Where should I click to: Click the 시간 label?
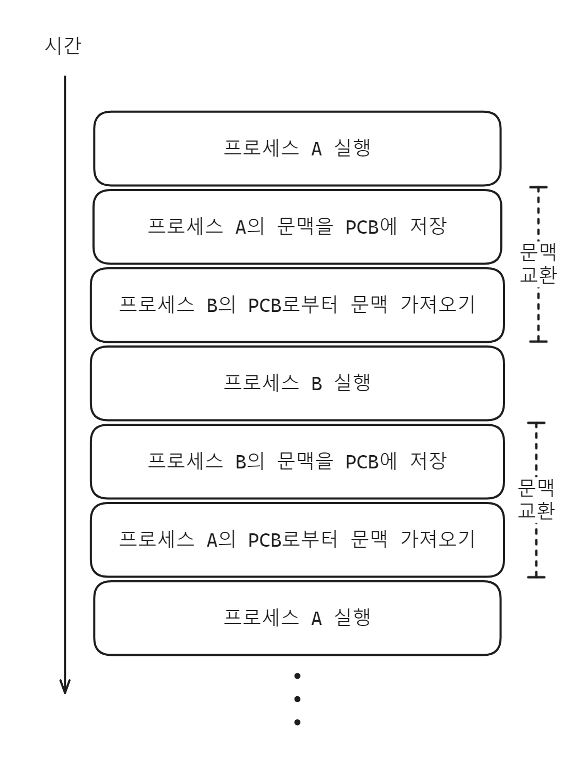click(63, 46)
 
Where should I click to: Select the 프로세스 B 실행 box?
click(297, 384)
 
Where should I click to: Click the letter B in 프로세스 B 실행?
click(316, 384)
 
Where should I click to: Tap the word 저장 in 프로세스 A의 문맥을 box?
click(428, 226)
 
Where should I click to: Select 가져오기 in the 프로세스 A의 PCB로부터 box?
click(437, 539)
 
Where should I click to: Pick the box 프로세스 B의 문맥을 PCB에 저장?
click(297, 462)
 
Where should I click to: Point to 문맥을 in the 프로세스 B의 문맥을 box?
click(305, 461)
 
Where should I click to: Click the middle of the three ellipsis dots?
click(297, 699)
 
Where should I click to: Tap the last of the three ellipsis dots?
click(297, 722)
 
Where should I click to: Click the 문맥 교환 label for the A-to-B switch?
click(538, 263)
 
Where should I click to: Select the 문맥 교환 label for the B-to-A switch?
click(536, 499)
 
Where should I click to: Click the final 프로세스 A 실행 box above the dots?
click(297, 618)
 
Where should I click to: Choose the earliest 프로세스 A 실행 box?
click(297, 149)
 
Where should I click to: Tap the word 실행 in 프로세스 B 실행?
click(352, 383)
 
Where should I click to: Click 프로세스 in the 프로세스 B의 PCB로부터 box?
click(156, 305)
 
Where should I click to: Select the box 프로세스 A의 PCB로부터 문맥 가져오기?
click(297, 540)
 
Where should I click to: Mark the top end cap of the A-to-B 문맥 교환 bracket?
click(538, 188)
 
